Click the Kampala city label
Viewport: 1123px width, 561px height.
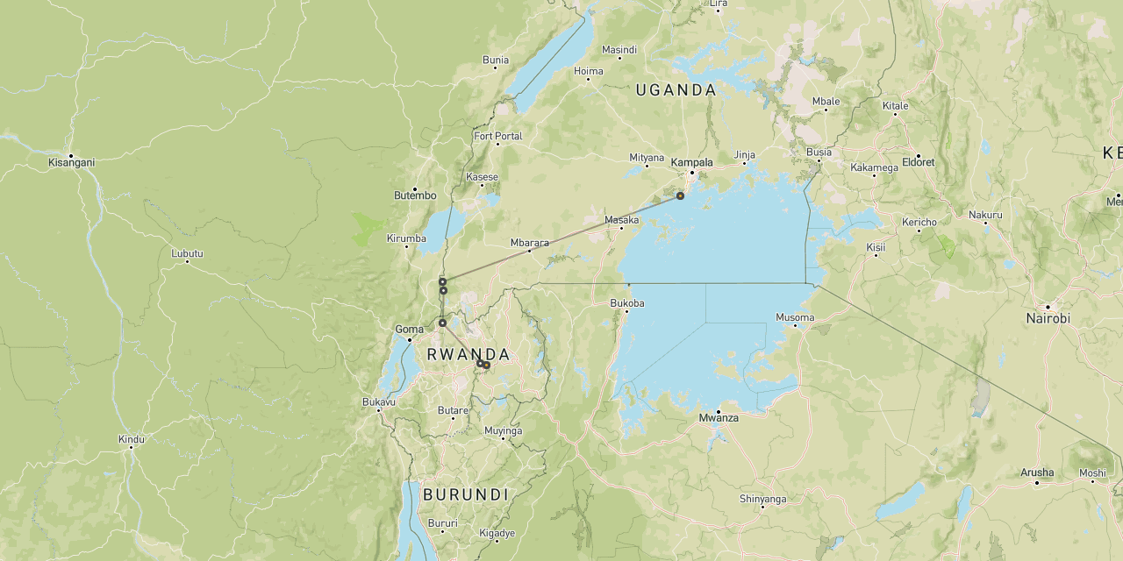point(691,162)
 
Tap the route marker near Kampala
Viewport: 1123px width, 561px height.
point(680,195)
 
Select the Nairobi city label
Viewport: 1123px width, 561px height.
point(1048,318)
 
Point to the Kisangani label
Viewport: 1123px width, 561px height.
point(72,162)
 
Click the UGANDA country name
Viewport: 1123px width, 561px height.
point(676,89)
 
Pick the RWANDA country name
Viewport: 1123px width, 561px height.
point(468,354)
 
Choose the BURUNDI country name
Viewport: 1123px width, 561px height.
point(466,494)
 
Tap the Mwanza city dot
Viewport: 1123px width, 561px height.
point(719,411)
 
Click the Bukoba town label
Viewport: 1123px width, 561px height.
point(626,303)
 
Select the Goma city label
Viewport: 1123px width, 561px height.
point(410,330)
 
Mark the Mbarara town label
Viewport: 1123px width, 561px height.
point(529,243)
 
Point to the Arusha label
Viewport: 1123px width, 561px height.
point(1037,472)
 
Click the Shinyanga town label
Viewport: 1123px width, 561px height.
point(762,499)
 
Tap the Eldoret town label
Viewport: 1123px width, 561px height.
point(918,162)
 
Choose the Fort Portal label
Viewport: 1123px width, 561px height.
point(497,136)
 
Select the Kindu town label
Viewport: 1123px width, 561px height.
point(132,438)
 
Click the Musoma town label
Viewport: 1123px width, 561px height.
point(795,317)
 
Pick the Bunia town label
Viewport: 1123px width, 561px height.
point(496,60)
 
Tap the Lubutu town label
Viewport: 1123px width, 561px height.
point(187,253)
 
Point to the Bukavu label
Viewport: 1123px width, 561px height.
point(379,402)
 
